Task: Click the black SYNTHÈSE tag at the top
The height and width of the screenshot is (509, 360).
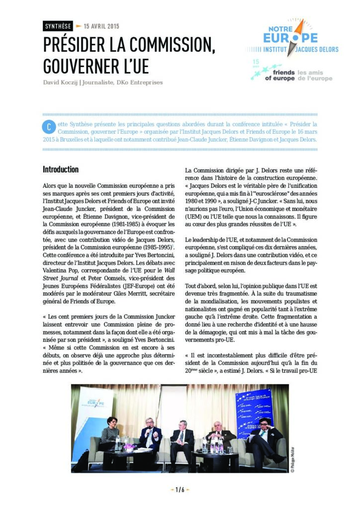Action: [x=58, y=26]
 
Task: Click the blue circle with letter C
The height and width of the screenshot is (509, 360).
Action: [x=48, y=127]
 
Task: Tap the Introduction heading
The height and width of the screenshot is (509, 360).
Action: [x=61, y=170]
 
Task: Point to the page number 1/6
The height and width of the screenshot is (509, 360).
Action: [x=180, y=490]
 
